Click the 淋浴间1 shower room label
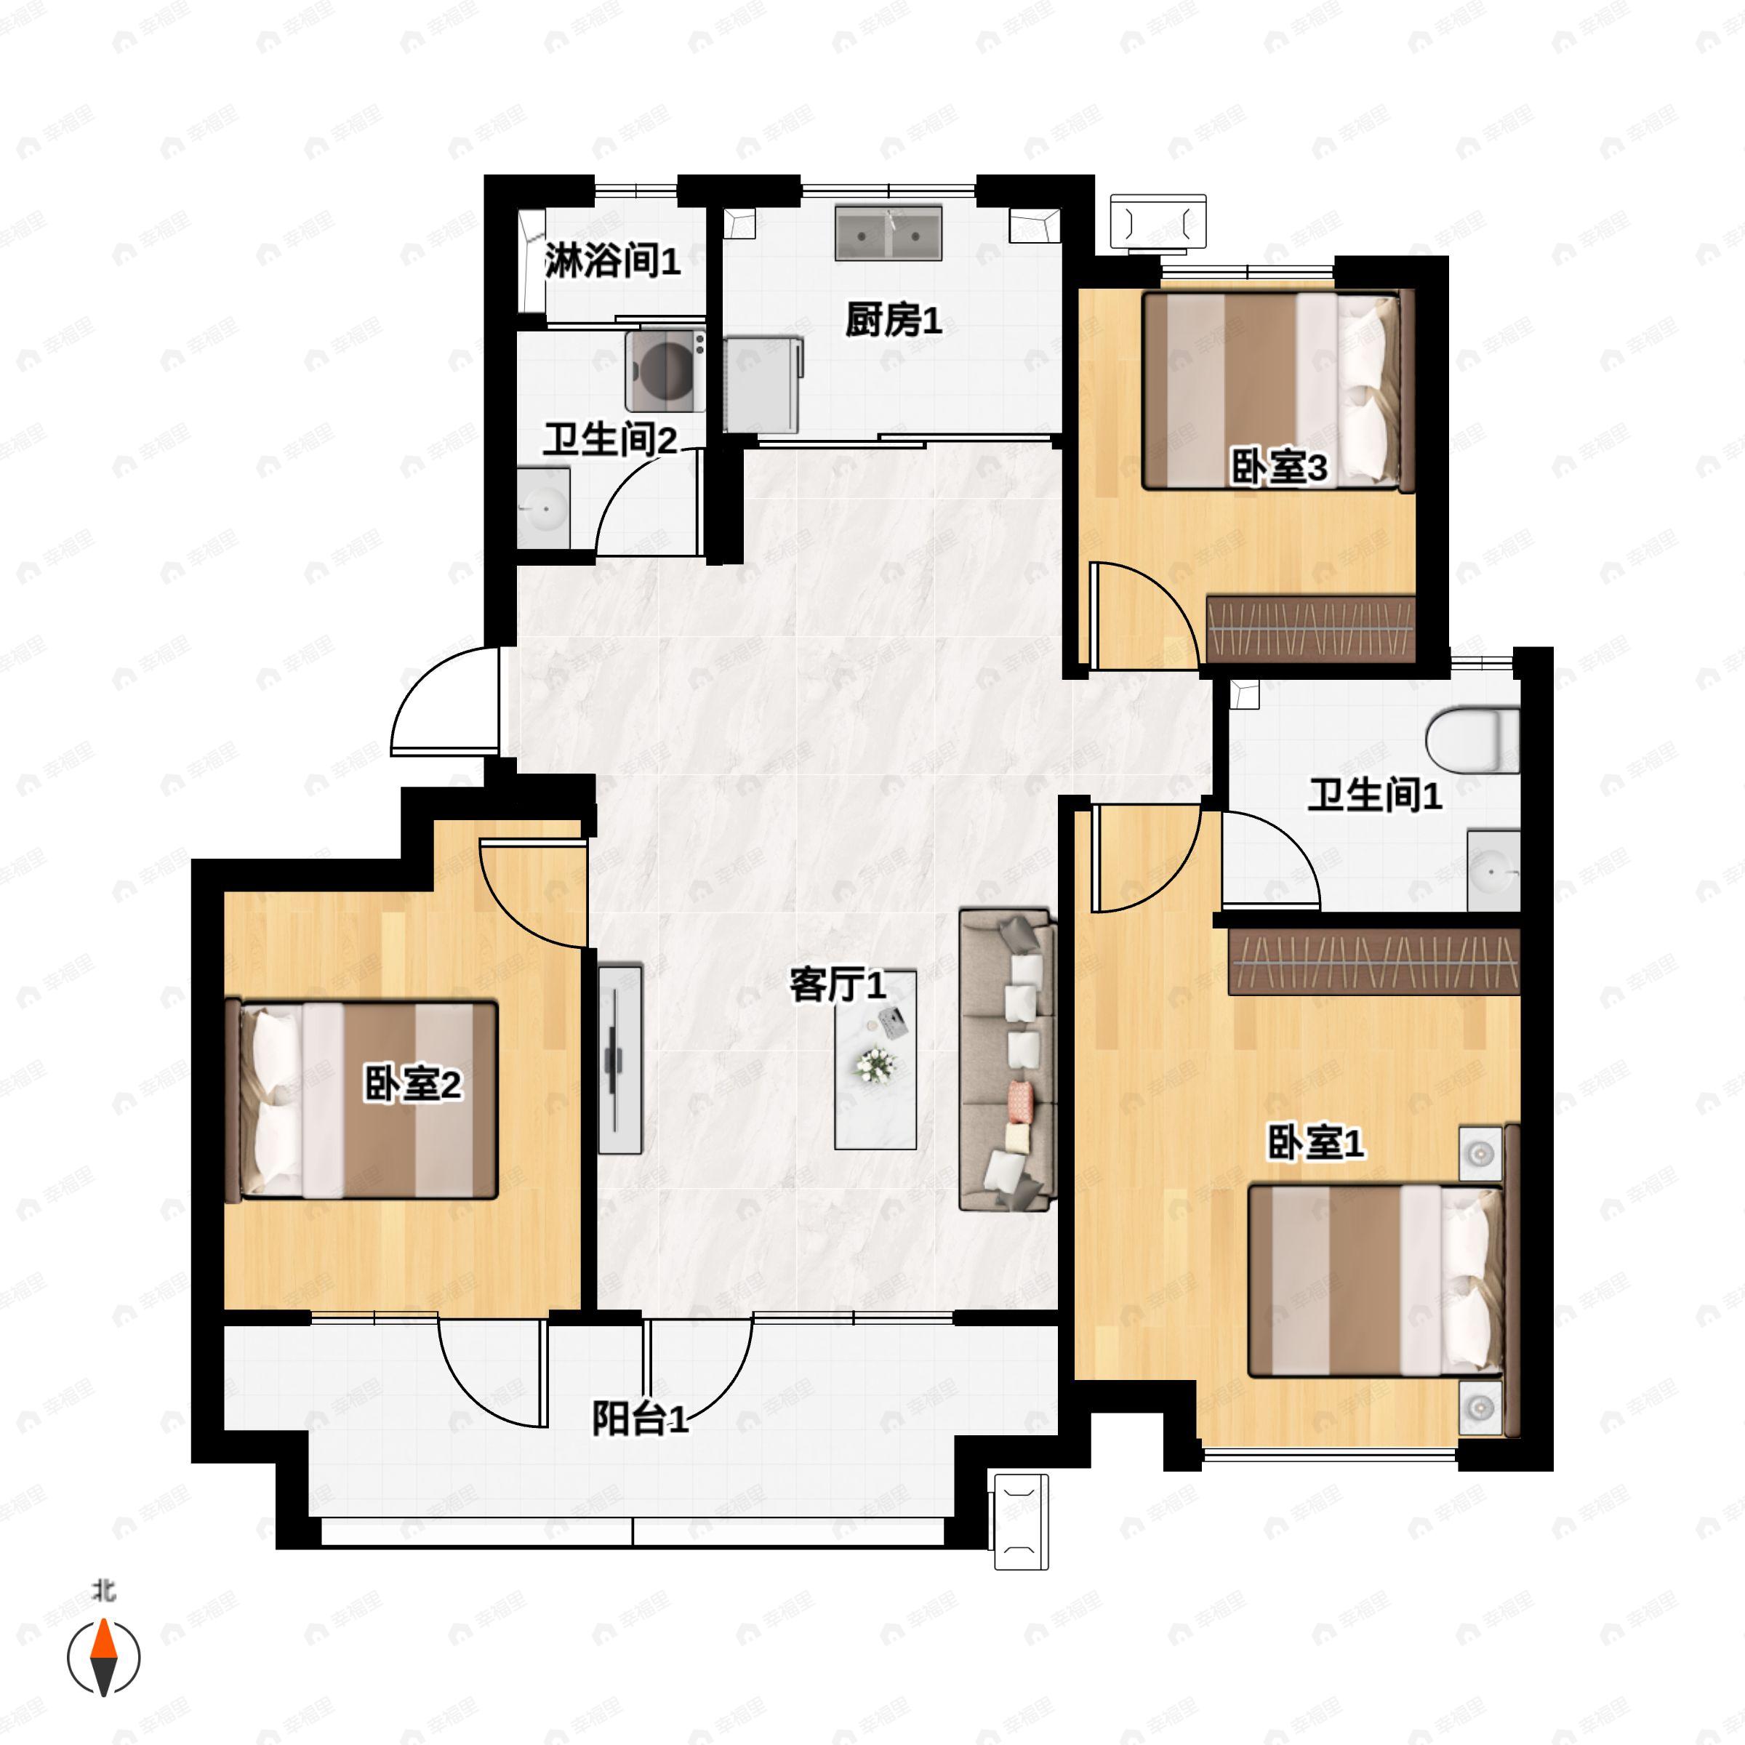point(611,262)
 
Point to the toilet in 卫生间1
point(1472,741)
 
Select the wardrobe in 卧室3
point(1310,627)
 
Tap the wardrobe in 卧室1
point(1373,961)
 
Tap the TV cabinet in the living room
point(619,1059)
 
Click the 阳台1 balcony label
point(640,1419)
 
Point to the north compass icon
point(104,1658)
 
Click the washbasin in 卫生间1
point(1492,872)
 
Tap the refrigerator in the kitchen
point(762,385)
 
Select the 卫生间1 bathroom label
point(1375,795)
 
